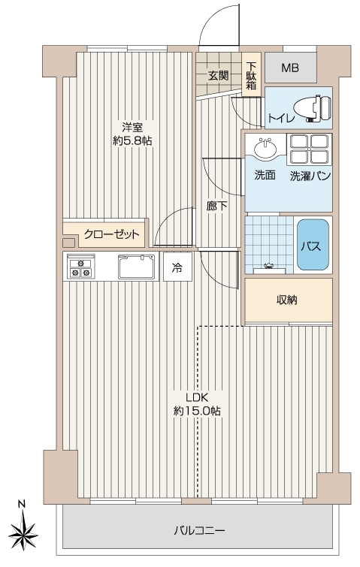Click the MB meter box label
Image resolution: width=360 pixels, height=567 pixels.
coord(290,68)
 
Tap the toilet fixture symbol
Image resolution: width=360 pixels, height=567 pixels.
coord(313,108)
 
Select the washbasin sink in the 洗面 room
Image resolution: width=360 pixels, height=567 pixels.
coord(265,147)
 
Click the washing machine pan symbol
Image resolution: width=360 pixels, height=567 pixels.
coord(310,149)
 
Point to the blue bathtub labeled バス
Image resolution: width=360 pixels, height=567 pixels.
coord(313,245)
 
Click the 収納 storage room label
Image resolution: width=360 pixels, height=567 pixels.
coord(287,300)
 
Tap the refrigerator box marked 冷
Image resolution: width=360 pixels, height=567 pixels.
coord(177,267)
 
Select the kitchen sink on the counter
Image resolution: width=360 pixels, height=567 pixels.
coord(136,267)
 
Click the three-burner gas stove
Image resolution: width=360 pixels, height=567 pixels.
coord(80,266)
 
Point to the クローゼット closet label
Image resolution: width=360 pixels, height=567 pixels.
coord(111,234)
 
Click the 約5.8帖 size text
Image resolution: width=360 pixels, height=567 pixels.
coord(132,141)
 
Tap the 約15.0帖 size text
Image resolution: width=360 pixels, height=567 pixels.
coord(197,411)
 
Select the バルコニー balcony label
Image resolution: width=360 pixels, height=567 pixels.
coord(199,530)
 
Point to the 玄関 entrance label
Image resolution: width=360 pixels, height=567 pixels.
coord(218,76)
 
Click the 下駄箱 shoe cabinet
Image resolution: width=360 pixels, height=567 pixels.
coord(251,76)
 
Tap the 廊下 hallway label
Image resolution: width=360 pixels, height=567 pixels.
coord(216,206)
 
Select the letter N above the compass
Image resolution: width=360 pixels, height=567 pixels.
coord(22,503)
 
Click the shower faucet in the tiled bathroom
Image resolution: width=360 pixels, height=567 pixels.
coord(268,267)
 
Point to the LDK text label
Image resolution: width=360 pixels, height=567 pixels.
coord(197,397)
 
